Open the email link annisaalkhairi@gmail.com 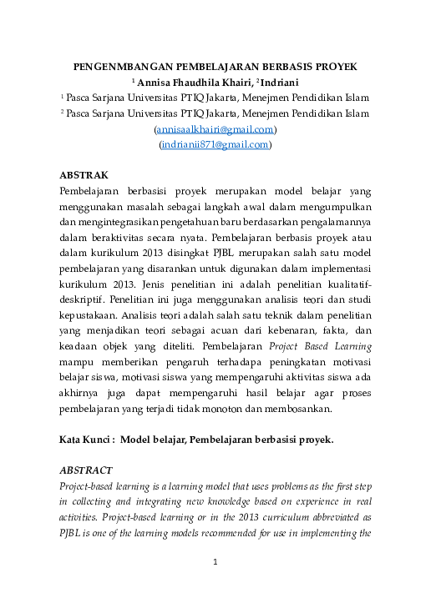click(x=215, y=129)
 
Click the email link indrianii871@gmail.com click(x=215, y=144)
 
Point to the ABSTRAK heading click(x=84, y=175)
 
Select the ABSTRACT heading click(x=87, y=470)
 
